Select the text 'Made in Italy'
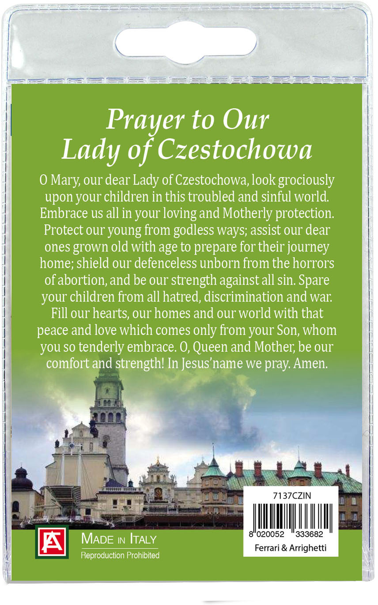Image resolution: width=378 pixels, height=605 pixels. (x=118, y=539)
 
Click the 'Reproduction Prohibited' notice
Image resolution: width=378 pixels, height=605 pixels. (x=120, y=555)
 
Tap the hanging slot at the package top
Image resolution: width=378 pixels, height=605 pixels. (x=185, y=42)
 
